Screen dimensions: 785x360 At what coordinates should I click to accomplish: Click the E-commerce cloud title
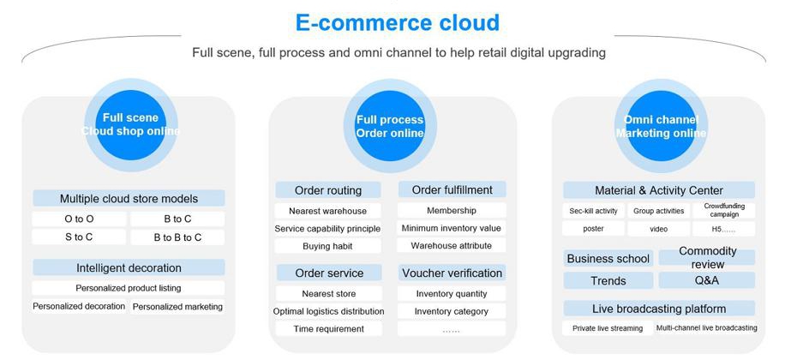coord(397,22)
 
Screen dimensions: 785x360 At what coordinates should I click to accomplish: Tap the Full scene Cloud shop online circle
coord(130,125)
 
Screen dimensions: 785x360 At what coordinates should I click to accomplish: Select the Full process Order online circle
coord(390,126)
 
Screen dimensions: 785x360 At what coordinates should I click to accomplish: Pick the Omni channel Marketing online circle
coord(662,126)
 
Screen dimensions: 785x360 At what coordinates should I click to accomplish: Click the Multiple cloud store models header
coord(129,198)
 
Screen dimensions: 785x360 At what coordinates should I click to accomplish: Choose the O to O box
coord(79,219)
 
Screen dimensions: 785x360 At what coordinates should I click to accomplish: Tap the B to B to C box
coord(177,237)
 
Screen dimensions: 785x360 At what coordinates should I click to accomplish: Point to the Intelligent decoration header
coord(129,267)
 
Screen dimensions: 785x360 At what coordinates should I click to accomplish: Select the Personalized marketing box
coord(177,306)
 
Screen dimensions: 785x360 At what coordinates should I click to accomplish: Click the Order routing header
coord(328,190)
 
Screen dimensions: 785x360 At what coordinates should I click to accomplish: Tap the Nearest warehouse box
coord(328,211)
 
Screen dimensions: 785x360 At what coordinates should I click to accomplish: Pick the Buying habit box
coord(328,246)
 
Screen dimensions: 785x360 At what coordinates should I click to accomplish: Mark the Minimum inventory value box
coord(452,228)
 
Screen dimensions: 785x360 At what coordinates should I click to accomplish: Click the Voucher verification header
coord(452,273)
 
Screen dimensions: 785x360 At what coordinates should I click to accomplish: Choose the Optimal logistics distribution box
coord(328,311)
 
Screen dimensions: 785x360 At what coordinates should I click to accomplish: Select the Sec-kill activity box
coord(593,211)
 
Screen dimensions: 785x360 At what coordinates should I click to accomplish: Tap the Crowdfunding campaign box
coord(724,210)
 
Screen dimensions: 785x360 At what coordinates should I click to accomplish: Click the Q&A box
coord(706,280)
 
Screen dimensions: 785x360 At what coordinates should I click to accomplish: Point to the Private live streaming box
coord(608,328)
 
